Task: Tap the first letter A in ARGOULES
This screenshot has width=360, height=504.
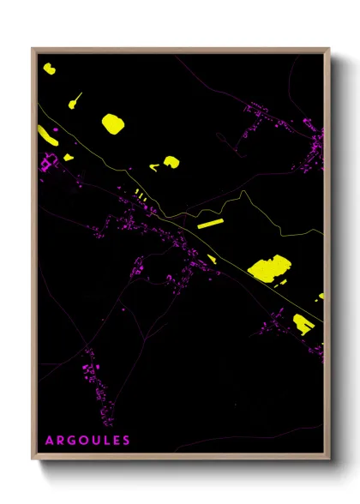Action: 50,441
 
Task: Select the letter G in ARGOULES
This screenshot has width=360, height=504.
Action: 71,441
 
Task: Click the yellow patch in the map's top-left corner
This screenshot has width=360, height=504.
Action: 49,68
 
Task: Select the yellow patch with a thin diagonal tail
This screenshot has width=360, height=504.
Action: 73,104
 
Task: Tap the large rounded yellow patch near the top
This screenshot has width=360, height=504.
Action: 112,123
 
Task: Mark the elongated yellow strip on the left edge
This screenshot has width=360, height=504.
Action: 46,134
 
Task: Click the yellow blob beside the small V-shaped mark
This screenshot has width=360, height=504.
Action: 171,161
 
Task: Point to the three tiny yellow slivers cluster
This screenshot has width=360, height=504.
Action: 141,195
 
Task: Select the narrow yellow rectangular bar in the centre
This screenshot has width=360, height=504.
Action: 210,224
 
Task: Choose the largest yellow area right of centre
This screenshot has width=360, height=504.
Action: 269,269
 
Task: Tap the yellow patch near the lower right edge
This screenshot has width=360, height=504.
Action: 303,323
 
